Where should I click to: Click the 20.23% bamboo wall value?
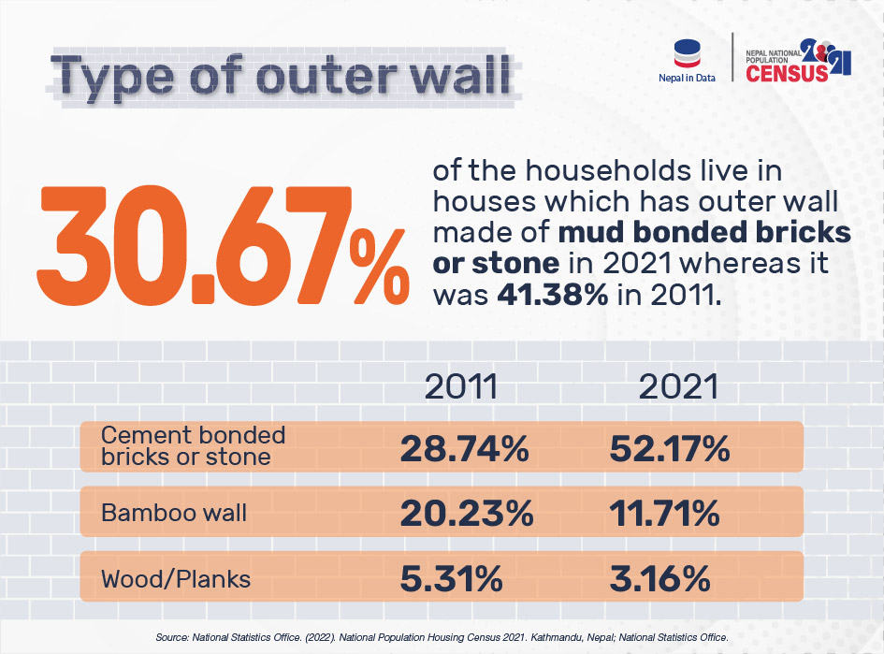click(467, 514)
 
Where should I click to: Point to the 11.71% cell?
click(666, 514)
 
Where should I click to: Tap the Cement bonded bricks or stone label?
click(192, 446)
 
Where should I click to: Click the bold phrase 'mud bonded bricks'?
click(700, 232)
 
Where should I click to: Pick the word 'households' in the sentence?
click(579, 173)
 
